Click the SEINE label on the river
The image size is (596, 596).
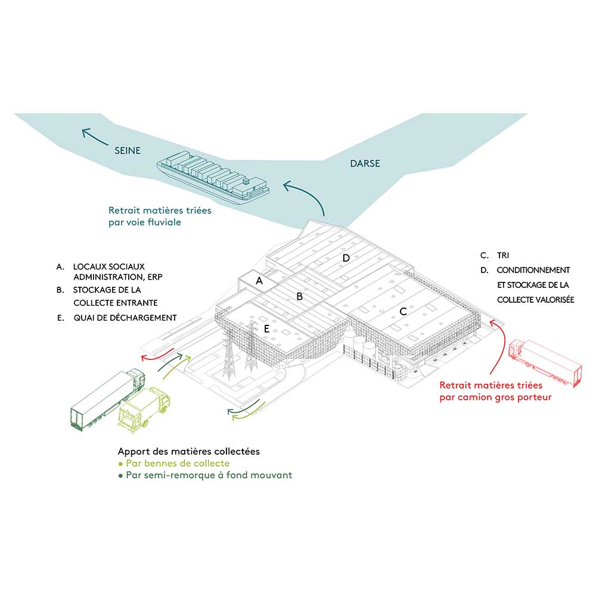pyautogui.click(x=128, y=151)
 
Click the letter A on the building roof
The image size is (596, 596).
pyautogui.click(x=259, y=280)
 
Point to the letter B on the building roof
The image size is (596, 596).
pyautogui.click(x=300, y=296)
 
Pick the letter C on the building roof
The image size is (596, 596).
pyautogui.click(x=403, y=311)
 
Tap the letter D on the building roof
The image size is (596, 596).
pyautogui.click(x=345, y=257)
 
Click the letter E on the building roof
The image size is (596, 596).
pyautogui.click(x=267, y=328)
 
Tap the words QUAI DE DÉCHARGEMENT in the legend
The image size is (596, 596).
pyautogui.click(x=125, y=318)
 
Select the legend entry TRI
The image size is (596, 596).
pyautogui.click(x=503, y=255)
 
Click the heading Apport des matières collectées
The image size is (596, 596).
pyautogui.click(x=189, y=451)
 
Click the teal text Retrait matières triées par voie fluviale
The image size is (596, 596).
pyautogui.click(x=160, y=216)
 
